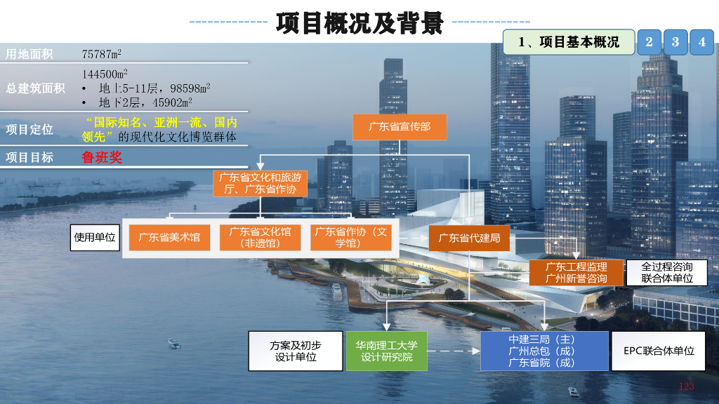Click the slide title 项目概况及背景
359,22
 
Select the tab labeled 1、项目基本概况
569,42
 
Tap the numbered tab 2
649,42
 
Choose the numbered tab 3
675,42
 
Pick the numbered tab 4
701,42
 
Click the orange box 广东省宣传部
400,127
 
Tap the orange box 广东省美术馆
169,237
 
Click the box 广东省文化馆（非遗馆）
260,237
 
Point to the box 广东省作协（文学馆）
350,237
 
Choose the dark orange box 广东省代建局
469,238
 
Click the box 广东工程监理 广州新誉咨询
576,273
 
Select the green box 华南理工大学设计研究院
386,351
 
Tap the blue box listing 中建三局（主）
544,351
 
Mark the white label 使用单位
95,237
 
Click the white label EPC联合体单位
659,351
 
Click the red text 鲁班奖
102,157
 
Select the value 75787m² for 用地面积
102,53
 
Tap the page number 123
686,386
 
